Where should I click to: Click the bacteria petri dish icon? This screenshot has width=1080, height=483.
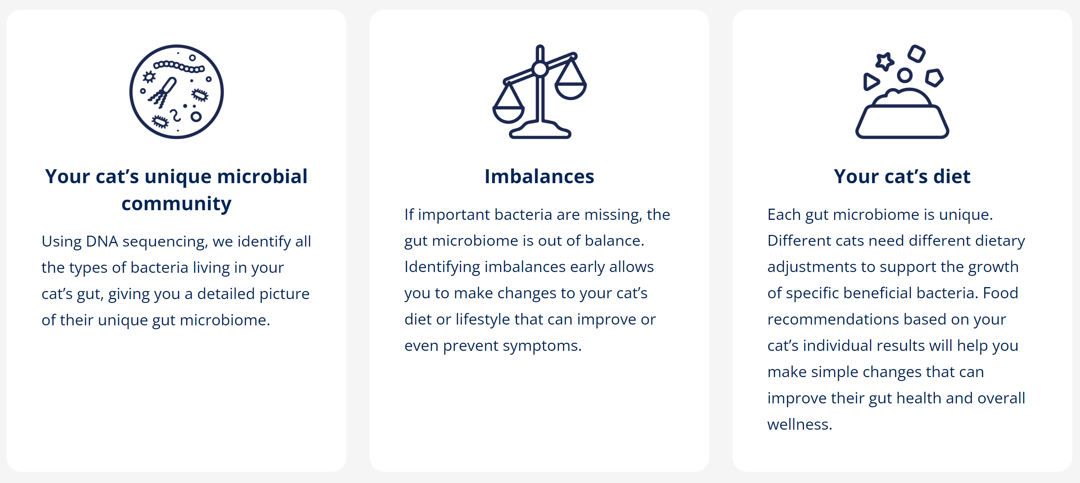click(x=176, y=92)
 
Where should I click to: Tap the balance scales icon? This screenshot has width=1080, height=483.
click(x=539, y=92)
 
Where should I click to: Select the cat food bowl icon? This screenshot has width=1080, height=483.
click(x=902, y=92)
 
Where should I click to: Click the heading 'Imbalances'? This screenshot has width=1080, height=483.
click(x=539, y=176)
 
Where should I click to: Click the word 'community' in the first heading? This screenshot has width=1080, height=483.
click(x=176, y=204)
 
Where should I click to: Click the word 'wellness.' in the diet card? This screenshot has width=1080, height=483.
click(x=800, y=424)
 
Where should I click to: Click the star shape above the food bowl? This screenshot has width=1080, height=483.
click(x=885, y=62)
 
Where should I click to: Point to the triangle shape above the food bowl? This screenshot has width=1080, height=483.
click(x=871, y=82)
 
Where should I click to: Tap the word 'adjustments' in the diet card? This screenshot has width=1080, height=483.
click(x=812, y=268)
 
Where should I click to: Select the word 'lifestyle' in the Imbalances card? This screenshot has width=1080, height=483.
click(x=483, y=320)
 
